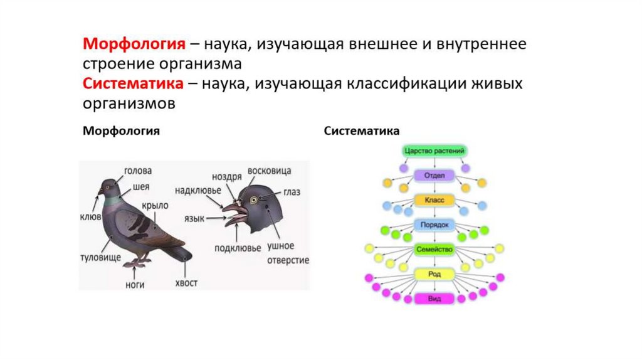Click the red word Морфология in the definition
(134, 45)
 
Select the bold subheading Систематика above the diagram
(361, 132)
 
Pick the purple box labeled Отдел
(434, 176)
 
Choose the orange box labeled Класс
(434, 200)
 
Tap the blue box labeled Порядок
(434, 225)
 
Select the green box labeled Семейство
(434, 249)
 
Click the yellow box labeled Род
(434, 274)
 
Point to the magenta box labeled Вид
(434, 299)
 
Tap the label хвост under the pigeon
(186, 283)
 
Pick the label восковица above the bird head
(269, 171)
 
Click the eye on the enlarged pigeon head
(255, 200)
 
